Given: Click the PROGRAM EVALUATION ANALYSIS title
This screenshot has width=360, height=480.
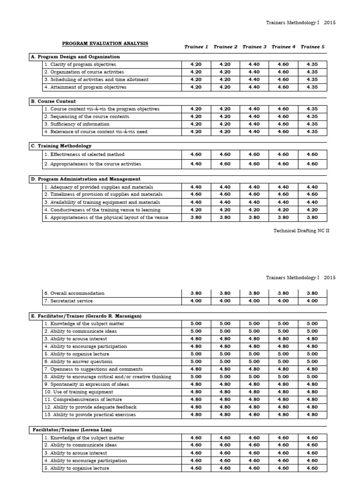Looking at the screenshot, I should (105, 44).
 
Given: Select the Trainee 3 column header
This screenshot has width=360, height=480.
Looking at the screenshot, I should (254, 46).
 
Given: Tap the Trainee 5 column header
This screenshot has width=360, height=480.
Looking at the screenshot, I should (312, 46).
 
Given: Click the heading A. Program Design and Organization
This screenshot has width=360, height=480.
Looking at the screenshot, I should (75, 57).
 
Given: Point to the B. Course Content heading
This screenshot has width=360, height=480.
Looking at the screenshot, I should (53, 101).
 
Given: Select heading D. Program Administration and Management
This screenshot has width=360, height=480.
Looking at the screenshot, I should (85, 179).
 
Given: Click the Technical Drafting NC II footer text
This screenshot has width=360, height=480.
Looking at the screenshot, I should (301, 231).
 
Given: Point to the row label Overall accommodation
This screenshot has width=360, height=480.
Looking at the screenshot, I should (74, 293).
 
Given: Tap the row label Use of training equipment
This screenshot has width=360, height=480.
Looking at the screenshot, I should (79, 392).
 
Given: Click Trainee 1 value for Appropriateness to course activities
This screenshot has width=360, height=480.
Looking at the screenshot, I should (196, 164).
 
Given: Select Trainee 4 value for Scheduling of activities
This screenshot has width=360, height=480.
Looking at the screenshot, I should (283, 79).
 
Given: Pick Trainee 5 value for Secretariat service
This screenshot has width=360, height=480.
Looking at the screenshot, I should (312, 301).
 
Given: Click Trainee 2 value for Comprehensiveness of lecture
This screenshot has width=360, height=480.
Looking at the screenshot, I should (225, 399).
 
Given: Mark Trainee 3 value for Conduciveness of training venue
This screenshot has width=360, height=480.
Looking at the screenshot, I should (254, 210).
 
